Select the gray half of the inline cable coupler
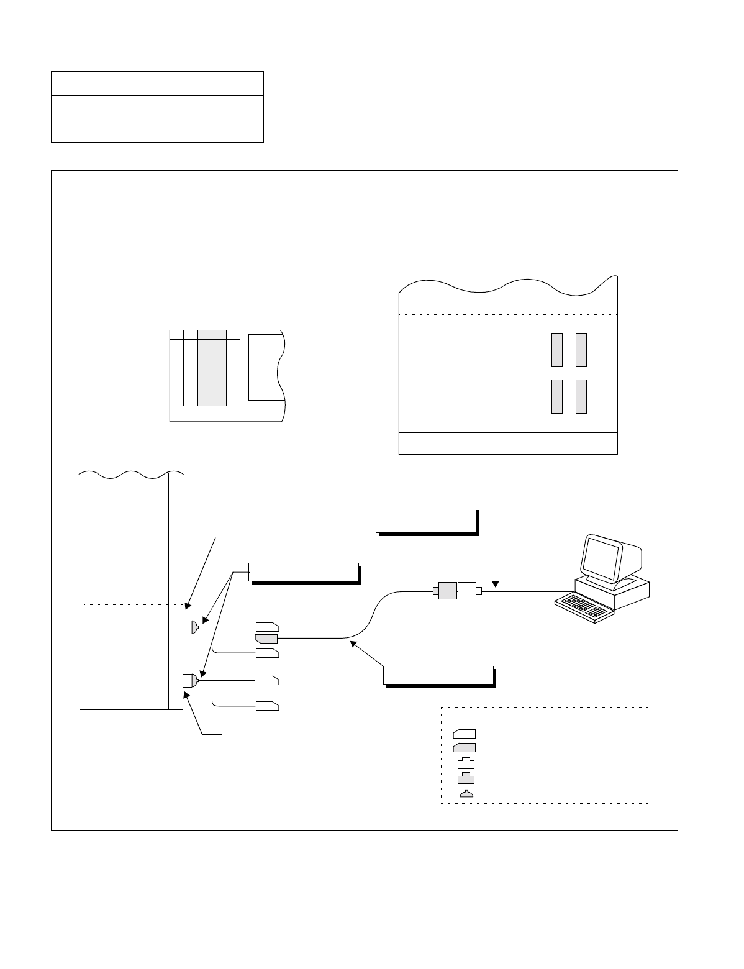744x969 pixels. pyautogui.click(x=447, y=591)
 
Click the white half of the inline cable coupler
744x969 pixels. pyautogui.click(x=466, y=591)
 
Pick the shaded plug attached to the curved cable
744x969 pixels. pyautogui.click(x=267, y=638)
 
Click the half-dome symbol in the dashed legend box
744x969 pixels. pyautogui.click(x=466, y=794)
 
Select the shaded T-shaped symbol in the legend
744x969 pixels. pyautogui.click(x=466, y=778)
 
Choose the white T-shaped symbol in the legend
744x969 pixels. pyautogui.click(x=466, y=763)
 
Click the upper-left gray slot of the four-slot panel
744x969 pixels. pyautogui.click(x=557, y=350)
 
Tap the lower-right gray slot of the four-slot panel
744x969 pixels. pyautogui.click(x=581, y=396)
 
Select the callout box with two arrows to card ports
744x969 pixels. pyautogui.click(x=303, y=571)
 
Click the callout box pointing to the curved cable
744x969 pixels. pyautogui.click(x=438, y=675)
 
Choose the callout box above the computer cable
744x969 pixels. pyautogui.click(x=425, y=520)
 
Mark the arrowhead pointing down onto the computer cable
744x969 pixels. pyautogui.click(x=495, y=584)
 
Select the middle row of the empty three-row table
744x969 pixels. pyautogui.click(x=157, y=107)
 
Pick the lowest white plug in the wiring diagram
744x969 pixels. pyautogui.click(x=267, y=706)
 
